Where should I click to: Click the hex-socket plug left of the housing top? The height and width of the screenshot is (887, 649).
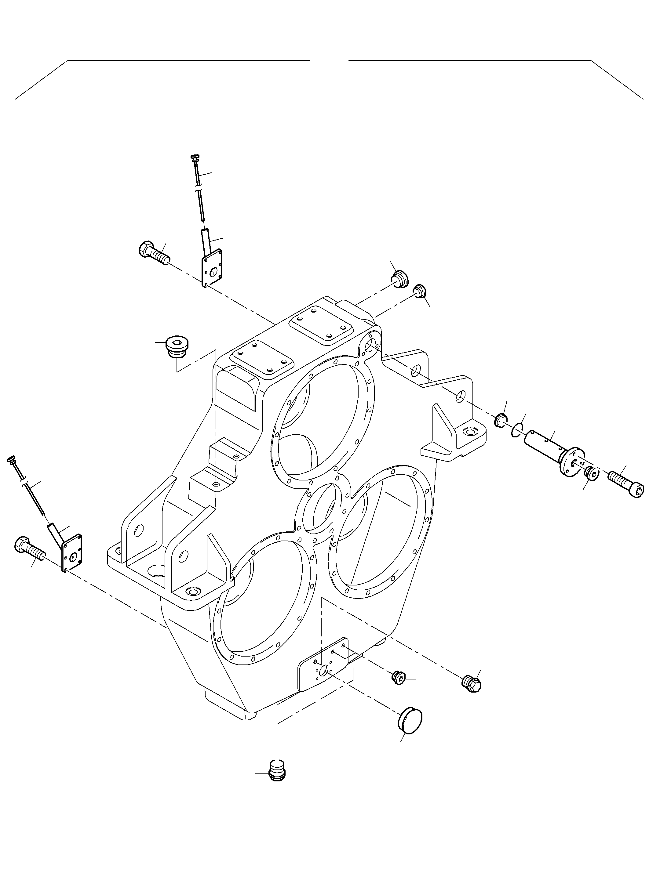pos(177,346)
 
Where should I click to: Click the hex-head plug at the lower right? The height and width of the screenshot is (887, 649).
pos(472,684)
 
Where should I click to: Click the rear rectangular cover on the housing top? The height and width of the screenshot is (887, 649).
pos(319,324)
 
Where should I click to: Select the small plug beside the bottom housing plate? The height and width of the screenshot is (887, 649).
pos(399,677)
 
